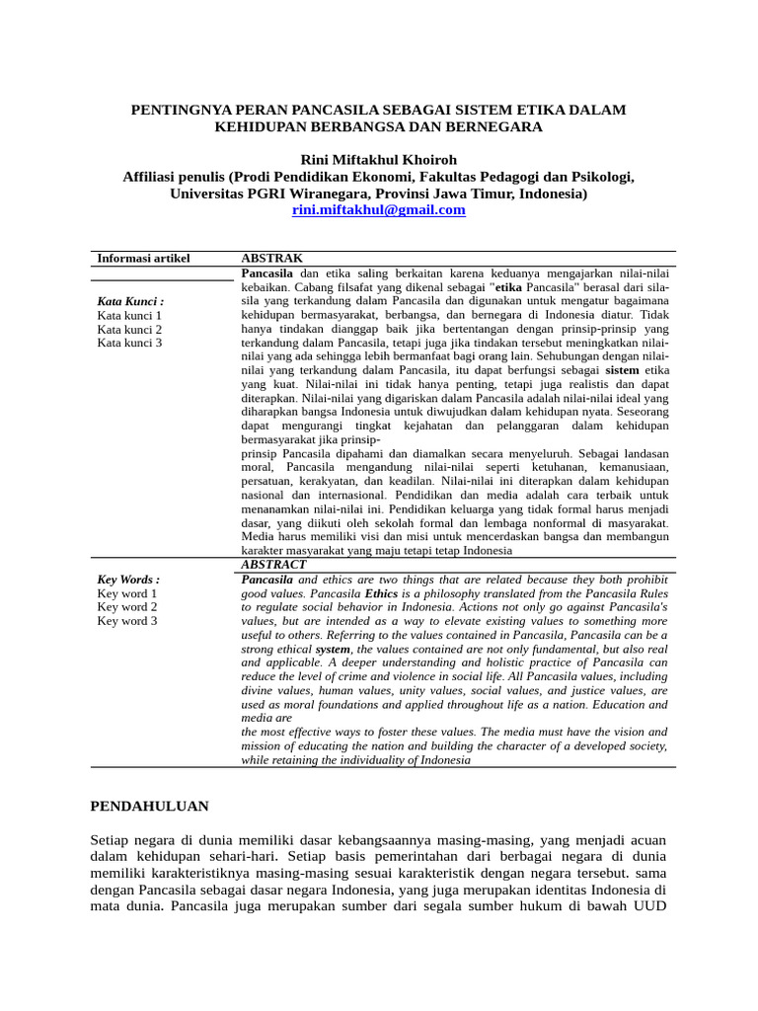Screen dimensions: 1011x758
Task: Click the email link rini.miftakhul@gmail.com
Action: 378,210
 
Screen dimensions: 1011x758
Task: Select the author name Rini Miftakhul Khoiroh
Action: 379,160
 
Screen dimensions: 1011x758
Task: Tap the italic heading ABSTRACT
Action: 273,564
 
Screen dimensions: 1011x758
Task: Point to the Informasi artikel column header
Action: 143,258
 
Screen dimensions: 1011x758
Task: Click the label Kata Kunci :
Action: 130,301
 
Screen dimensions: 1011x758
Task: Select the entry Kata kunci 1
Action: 129,315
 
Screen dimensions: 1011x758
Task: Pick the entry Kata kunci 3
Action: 129,343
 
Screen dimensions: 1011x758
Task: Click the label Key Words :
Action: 128,580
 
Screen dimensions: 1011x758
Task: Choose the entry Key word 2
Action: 127,607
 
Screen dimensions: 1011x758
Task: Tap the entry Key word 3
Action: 127,621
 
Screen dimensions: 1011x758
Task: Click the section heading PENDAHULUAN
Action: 149,806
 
